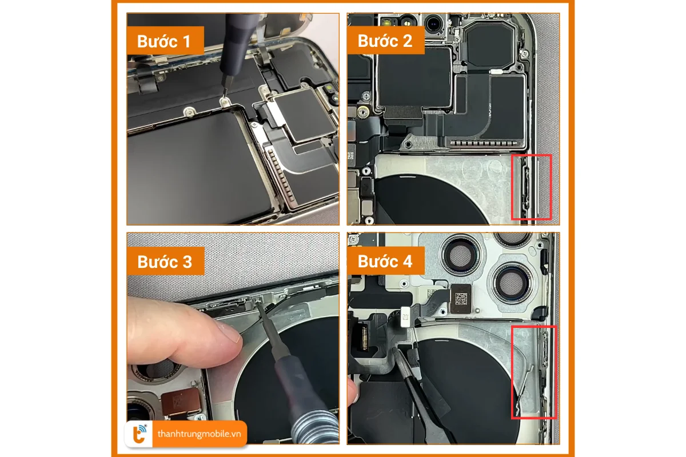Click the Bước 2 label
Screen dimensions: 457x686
(x=385, y=41)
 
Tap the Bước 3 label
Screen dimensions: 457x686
(x=165, y=261)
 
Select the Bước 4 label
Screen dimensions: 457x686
(x=385, y=261)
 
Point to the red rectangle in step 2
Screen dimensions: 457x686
(x=531, y=187)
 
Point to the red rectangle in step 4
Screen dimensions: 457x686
(x=533, y=372)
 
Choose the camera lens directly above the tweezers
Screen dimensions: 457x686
(x=511, y=283)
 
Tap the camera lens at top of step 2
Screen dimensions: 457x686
(x=437, y=23)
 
